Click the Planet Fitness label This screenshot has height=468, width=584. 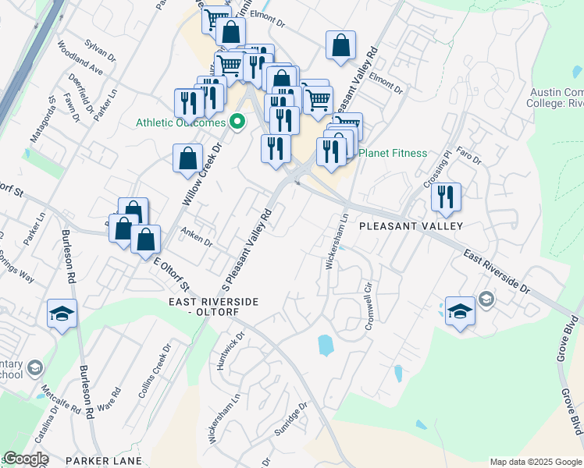coord(393,153)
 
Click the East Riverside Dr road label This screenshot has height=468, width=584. coord(497,271)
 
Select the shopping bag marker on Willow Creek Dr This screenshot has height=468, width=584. coord(188,158)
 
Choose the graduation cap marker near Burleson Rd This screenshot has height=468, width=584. coord(62,314)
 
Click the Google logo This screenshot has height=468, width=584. coord(26,459)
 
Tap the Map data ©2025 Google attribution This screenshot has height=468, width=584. coord(536,462)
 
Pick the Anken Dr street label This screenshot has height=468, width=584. coord(197,236)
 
